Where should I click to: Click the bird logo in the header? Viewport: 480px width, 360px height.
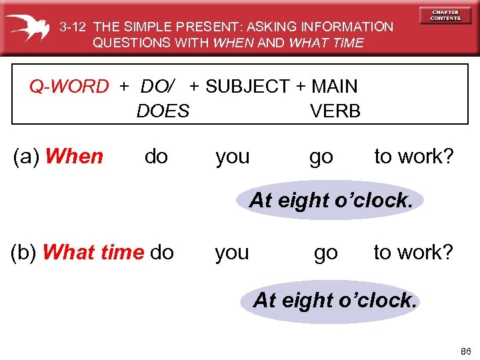(30, 27)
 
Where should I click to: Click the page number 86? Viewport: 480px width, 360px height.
(465, 350)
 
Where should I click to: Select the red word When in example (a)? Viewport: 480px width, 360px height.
(75, 157)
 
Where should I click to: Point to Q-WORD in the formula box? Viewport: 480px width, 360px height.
(69, 87)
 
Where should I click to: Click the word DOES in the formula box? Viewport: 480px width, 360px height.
(163, 111)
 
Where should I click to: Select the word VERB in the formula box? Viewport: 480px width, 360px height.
(335, 111)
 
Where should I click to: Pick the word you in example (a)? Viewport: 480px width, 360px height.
(233, 157)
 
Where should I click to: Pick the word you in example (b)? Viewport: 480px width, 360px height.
(232, 253)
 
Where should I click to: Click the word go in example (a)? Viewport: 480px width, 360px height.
(321, 157)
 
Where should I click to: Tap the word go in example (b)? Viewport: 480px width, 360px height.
(325, 253)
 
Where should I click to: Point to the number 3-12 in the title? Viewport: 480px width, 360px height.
(73, 27)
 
